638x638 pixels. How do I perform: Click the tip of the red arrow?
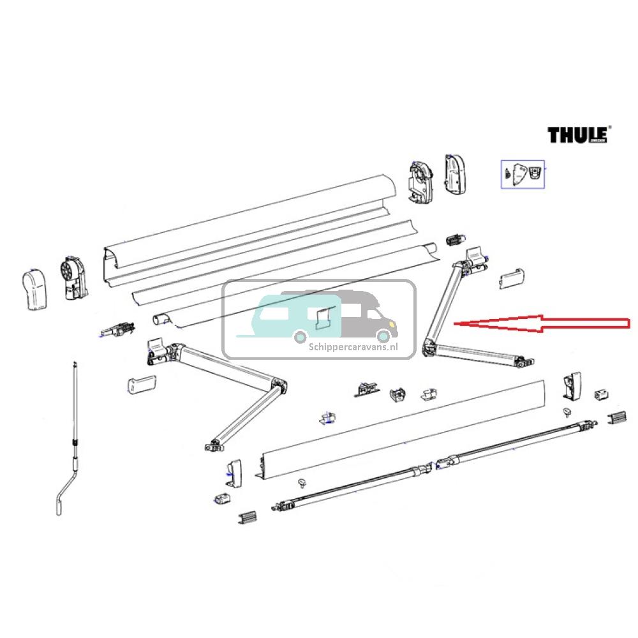tap(454, 324)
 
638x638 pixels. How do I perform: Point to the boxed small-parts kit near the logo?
tap(523, 173)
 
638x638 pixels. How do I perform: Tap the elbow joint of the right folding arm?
tap(428, 347)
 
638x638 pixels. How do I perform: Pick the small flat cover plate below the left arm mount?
tap(142, 384)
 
